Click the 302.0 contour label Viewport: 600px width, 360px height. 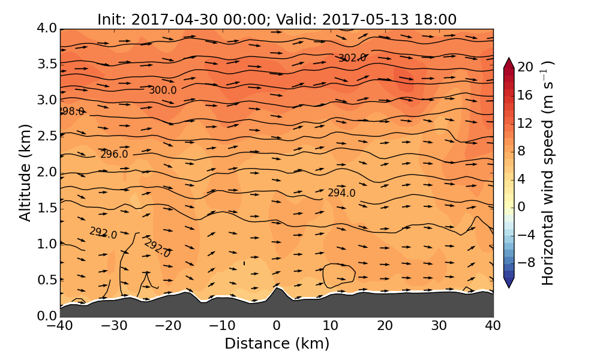[x=352, y=58]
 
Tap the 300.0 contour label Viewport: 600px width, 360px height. [x=163, y=90]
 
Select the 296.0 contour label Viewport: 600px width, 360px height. [x=114, y=154]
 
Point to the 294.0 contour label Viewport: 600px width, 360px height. [x=341, y=193]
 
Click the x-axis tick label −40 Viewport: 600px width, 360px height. [x=59, y=326]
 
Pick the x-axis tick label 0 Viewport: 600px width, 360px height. [x=277, y=326]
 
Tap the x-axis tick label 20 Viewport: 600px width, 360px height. [x=385, y=326]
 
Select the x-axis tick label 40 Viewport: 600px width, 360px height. [x=493, y=326]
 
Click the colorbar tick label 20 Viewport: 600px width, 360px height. [x=526, y=67]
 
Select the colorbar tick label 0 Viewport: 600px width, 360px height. [x=521, y=206]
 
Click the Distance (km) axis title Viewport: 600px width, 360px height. [x=277, y=344]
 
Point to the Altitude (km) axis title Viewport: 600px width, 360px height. [x=25, y=172]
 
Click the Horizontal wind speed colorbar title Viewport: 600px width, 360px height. [x=548, y=173]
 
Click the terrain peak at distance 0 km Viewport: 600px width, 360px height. [x=277, y=287]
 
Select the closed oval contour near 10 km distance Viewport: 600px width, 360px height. [x=339, y=274]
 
